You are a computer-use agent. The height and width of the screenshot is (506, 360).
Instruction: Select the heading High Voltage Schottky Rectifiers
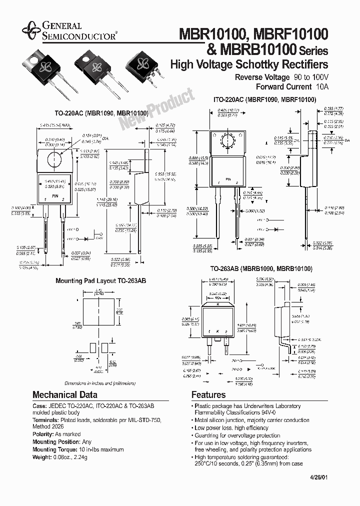pyautogui.click(x=249, y=64)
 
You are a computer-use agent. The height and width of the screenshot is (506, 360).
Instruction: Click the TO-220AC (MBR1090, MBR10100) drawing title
pyautogui.click(x=101, y=113)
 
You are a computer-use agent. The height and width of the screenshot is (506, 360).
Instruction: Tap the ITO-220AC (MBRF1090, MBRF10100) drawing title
pyautogui.click(x=264, y=100)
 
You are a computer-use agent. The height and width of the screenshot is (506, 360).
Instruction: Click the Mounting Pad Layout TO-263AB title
pyautogui.click(x=96, y=281)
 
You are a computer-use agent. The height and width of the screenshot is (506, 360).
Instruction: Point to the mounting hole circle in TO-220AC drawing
pyautogui.click(x=54, y=160)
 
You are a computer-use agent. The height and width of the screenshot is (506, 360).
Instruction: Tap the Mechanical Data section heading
pyautogui.click(x=65, y=394)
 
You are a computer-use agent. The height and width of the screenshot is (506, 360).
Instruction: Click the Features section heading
pyautogui.click(x=208, y=394)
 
